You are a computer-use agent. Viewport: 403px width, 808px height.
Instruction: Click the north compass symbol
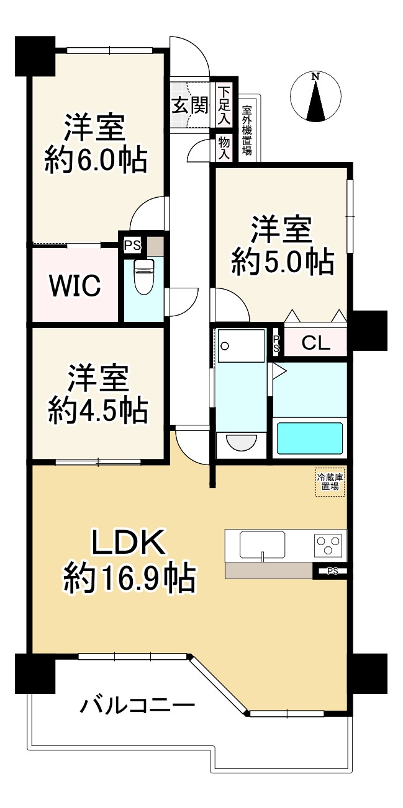pyautogui.click(x=315, y=97)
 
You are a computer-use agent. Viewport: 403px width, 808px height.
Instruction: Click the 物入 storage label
pyautogui.click(x=224, y=148)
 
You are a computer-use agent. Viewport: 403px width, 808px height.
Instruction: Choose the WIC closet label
pyautogui.click(x=75, y=286)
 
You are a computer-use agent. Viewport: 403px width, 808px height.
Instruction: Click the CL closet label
pyautogui.click(x=316, y=344)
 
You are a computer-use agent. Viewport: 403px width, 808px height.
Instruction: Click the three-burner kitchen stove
pyautogui.click(x=330, y=546)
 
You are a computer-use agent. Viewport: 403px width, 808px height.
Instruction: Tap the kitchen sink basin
pyautogui.click(x=263, y=545)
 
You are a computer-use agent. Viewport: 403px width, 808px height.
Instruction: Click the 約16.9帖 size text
pyautogui.click(x=129, y=579)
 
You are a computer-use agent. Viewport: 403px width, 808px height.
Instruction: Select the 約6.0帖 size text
pyautogui.click(x=96, y=161)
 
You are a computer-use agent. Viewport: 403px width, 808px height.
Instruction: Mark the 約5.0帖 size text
pyautogui.click(x=283, y=263)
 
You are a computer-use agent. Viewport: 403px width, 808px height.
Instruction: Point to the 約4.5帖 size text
pyautogui.click(x=98, y=409)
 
